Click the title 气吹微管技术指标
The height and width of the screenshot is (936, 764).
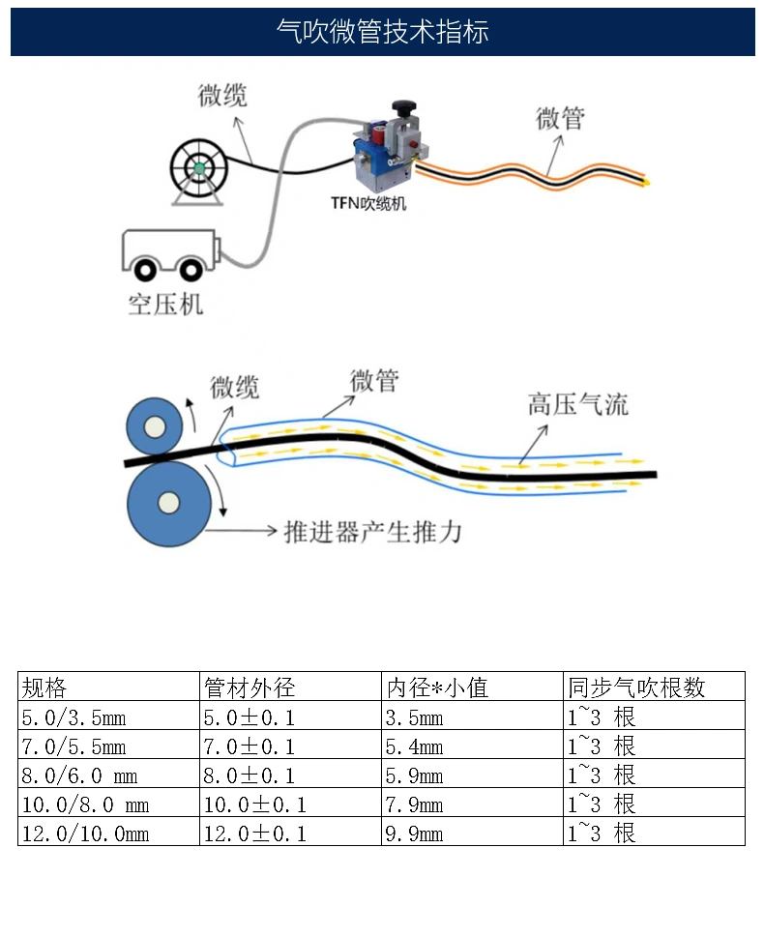[x=383, y=31]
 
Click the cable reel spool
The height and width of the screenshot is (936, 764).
[x=199, y=168]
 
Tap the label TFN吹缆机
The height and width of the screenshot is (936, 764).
[x=368, y=204]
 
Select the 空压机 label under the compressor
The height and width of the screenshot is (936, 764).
[x=165, y=305]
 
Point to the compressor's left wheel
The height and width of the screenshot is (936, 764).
[x=145, y=271]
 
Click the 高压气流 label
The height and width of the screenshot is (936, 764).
[x=577, y=405]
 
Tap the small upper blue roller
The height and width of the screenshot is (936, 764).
[x=155, y=426]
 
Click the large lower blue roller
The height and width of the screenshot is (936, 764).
[x=169, y=503]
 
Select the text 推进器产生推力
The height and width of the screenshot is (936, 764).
[x=373, y=531]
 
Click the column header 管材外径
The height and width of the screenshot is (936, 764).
[x=250, y=687]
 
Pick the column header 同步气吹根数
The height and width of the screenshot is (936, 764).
[x=636, y=687]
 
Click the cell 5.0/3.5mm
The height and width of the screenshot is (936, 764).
[x=73, y=717]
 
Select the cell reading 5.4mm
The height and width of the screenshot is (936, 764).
[x=414, y=746]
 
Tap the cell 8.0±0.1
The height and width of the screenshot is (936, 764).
[x=249, y=775]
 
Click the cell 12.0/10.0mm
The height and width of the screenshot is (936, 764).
[x=85, y=834]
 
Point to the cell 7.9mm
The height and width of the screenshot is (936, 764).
[x=414, y=804]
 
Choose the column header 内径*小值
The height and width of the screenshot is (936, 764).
[x=437, y=687]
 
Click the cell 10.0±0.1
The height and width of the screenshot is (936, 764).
[x=255, y=804]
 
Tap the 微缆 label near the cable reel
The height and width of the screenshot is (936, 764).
[x=222, y=96]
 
